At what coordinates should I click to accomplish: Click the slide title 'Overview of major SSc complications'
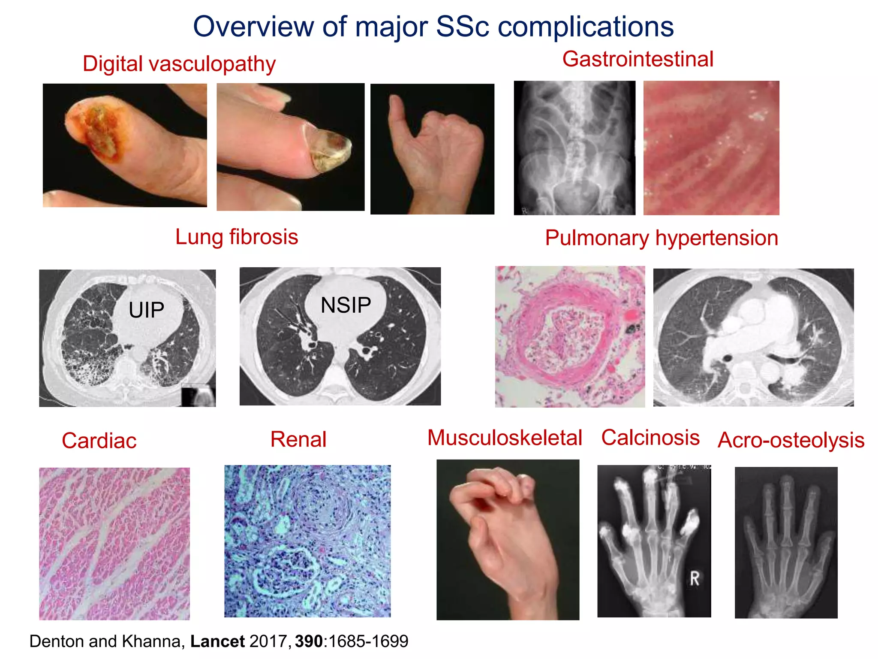point(433,27)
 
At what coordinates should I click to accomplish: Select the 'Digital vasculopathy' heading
point(179,64)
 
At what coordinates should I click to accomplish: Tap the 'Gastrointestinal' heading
point(637,59)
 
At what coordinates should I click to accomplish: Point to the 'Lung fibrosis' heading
point(237,237)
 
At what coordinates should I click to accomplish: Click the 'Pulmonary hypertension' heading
point(661,238)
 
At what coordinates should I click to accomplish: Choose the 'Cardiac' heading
point(99,441)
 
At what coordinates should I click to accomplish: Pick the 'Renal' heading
point(298,439)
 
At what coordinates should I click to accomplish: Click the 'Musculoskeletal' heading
point(505,438)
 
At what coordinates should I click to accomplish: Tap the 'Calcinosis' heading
point(650,438)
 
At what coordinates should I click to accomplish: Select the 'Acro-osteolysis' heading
point(791,440)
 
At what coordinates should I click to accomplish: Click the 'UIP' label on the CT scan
point(146,310)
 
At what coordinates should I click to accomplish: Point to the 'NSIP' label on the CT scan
point(346,305)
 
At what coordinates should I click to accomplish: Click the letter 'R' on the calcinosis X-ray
point(695,578)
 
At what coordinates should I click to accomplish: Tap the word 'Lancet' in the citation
point(217,641)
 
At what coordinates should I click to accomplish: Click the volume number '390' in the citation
point(309,641)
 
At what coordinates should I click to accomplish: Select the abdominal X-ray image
point(574,148)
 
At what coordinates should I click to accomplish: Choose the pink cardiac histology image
point(114,544)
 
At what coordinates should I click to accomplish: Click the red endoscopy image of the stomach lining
point(711,148)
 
